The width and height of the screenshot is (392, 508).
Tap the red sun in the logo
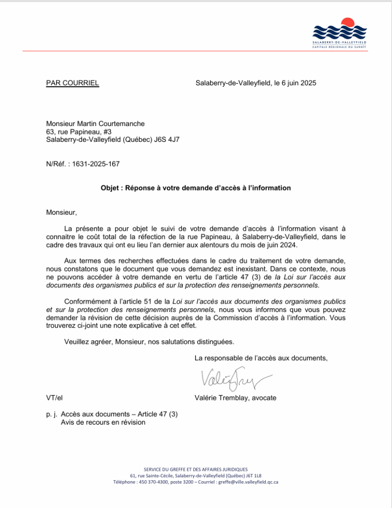click(x=347, y=23)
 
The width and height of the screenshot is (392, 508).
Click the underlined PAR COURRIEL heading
click(x=73, y=83)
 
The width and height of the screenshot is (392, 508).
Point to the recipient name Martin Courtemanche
click(x=110, y=124)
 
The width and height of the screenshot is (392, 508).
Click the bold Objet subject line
click(x=196, y=188)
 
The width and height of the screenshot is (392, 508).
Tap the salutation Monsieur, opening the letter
click(x=62, y=213)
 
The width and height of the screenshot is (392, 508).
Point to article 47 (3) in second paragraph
click(x=249, y=277)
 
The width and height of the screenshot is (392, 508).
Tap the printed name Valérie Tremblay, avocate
click(x=235, y=398)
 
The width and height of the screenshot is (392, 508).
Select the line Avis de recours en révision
click(x=103, y=422)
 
